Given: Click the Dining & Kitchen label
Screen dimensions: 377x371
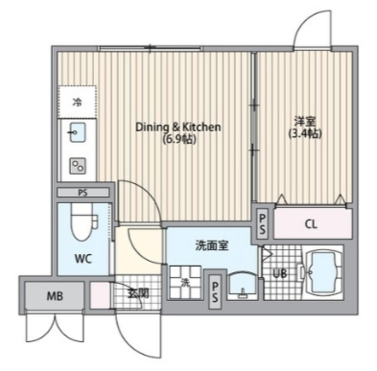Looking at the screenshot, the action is [178, 127].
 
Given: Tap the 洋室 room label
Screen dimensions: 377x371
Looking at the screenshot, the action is [305, 121].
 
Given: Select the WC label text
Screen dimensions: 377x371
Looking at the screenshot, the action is [83, 259].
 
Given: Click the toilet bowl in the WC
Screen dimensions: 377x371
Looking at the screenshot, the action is [81, 222].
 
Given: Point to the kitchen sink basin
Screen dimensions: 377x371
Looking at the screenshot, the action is [77, 132].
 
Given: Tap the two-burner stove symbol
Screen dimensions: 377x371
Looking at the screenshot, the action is [78, 166].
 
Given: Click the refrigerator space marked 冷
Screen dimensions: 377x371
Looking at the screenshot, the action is [77, 102].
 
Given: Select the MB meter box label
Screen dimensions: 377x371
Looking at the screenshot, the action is [55, 296].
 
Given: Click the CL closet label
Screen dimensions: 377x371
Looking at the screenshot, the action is [311, 224].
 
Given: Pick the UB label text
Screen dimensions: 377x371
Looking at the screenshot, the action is [280, 273].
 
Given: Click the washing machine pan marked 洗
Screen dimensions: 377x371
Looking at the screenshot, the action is [186, 282].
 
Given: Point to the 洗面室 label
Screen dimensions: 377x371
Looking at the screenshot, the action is [211, 246].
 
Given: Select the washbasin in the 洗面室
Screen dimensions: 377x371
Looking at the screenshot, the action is [242, 286].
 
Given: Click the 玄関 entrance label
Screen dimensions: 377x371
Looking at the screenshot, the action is [138, 293].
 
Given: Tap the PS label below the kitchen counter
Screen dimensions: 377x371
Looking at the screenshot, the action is [83, 193].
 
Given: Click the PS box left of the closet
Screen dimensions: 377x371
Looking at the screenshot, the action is [262, 224].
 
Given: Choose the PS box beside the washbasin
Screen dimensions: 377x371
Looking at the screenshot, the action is [215, 291].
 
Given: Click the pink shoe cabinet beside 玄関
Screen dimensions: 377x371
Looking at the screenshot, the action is [100, 295].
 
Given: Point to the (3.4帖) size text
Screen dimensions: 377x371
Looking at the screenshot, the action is [305, 134].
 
